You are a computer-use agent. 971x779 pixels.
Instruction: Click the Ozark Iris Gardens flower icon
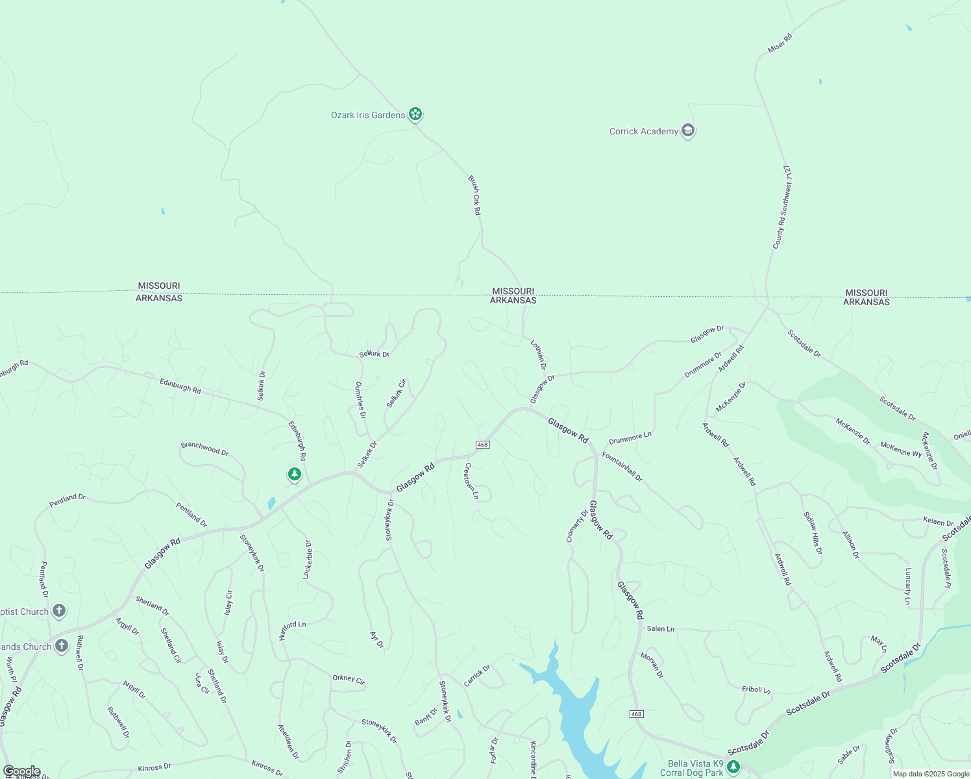(415, 114)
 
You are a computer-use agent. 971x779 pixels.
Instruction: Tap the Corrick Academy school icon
(688, 130)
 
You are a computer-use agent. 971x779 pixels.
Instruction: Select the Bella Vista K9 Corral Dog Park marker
(733, 767)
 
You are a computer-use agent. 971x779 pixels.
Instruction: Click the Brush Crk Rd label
(475, 195)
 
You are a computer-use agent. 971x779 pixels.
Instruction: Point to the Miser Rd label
(780, 43)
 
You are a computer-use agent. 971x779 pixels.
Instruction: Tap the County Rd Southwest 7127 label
(783, 207)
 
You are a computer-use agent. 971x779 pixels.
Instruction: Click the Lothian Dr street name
(539, 354)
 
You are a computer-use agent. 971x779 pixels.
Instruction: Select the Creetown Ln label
(471, 481)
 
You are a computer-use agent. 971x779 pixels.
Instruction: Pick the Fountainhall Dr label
(622, 467)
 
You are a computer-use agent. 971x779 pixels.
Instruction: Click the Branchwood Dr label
(204, 449)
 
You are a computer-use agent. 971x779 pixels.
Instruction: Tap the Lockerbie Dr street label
(308, 560)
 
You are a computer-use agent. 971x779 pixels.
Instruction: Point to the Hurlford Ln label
(292, 630)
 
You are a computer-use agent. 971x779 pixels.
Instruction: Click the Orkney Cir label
(349, 679)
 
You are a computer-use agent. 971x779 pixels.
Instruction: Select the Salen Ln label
(661, 628)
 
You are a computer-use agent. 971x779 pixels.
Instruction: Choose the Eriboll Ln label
(756, 689)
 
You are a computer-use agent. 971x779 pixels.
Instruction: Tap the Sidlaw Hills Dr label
(813, 533)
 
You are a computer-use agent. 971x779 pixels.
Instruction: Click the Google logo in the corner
(22, 771)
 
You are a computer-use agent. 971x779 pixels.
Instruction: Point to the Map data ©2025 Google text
(931, 774)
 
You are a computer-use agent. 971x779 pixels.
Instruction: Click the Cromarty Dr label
(576, 526)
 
